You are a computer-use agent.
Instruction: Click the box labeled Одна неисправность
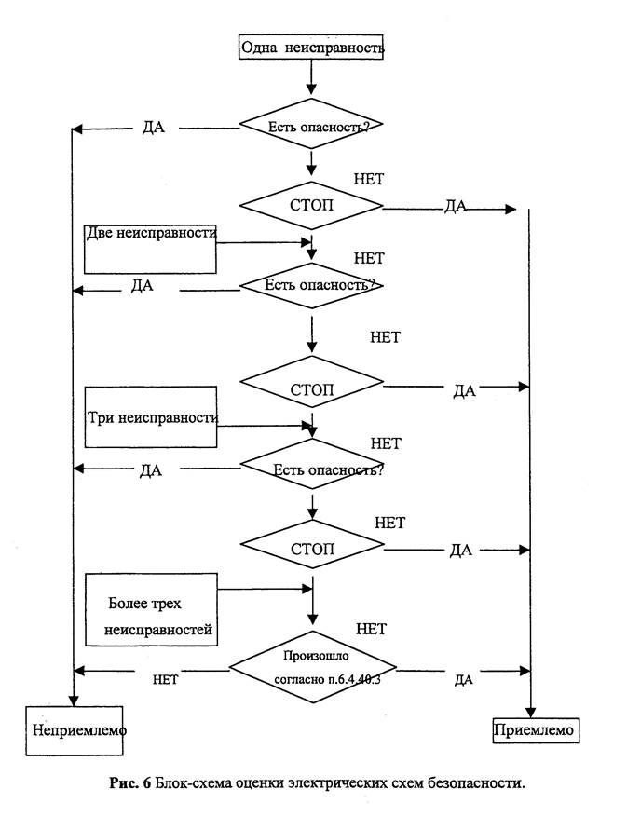[311, 47]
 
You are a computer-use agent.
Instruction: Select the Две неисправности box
[150, 247]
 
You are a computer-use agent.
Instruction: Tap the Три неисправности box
[150, 418]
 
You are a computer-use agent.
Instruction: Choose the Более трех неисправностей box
[152, 610]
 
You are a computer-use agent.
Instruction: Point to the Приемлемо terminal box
[536, 728]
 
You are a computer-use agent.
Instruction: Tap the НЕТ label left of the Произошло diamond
[165, 679]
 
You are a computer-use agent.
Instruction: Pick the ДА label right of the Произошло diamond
[463, 680]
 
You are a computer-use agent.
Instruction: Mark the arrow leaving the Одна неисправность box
[311, 78]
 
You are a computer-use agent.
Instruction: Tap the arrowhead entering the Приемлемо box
[529, 708]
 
